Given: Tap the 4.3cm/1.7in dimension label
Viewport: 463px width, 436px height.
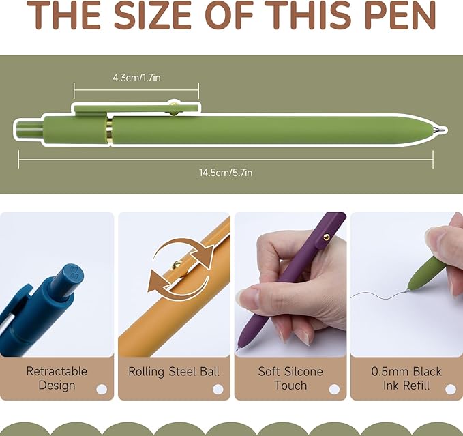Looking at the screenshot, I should tap(136, 78).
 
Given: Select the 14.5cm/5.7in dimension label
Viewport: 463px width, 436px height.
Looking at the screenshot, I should tap(226, 173).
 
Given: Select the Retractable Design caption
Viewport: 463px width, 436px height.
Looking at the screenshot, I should tap(57, 378).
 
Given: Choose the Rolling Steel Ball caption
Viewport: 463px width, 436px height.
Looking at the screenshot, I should tap(174, 372).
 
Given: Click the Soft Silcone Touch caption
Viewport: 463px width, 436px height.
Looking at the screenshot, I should tap(290, 378).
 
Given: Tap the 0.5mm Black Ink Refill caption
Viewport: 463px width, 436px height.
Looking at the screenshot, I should tap(406, 378).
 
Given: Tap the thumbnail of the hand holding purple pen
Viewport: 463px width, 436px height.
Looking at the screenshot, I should tap(290, 284).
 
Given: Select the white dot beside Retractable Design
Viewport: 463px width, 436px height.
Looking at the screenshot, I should tap(102, 389).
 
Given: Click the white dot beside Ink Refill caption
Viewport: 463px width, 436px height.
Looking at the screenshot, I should tap(450, 389).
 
